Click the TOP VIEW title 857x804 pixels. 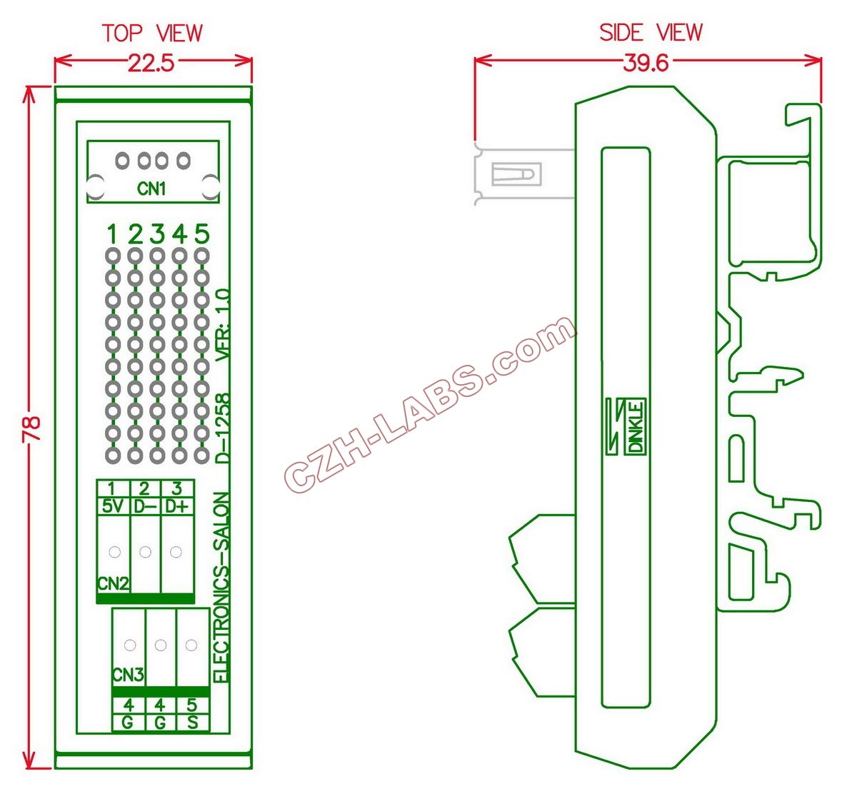point(152,33)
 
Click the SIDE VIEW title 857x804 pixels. point(651,33)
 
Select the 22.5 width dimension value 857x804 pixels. point(151,64)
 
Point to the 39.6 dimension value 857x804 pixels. point(646,63)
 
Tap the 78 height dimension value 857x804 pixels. point(32,428)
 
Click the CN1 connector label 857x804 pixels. point(151,189)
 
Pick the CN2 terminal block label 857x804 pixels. point(113,583)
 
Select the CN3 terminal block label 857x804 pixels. point(128,675)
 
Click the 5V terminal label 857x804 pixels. point(113,507)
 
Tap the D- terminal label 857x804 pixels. point(145,507)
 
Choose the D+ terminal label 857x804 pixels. point(176,507)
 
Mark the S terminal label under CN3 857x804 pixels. point(192,723)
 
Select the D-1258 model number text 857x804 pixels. point(223,428)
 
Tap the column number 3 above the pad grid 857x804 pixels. point(157,233)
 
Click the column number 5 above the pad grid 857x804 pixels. point(202,233)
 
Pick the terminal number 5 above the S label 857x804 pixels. point(192,705)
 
